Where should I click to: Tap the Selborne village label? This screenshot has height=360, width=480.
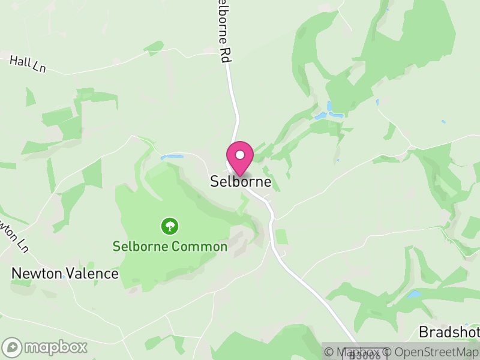[x=241, y=181]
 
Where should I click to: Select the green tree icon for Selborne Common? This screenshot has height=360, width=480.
[x=170, y=226]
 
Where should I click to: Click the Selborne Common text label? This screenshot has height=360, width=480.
[x=170, y=246]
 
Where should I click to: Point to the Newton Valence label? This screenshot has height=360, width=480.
[x=65, y=274]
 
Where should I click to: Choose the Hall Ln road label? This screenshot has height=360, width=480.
[x=28, y=64]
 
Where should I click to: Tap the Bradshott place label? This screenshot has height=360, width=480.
[x=449, y=332]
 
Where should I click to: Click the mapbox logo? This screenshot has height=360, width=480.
[x=45, y=347]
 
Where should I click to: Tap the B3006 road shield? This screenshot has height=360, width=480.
[x=364, y=355]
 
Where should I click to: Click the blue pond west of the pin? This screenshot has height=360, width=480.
[x=172, y=157]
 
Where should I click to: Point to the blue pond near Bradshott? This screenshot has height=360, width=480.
[x=413, y=295]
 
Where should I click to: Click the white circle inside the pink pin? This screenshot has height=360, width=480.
[x=240, y=155]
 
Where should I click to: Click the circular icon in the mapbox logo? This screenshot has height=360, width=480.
[x=13, y=347]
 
